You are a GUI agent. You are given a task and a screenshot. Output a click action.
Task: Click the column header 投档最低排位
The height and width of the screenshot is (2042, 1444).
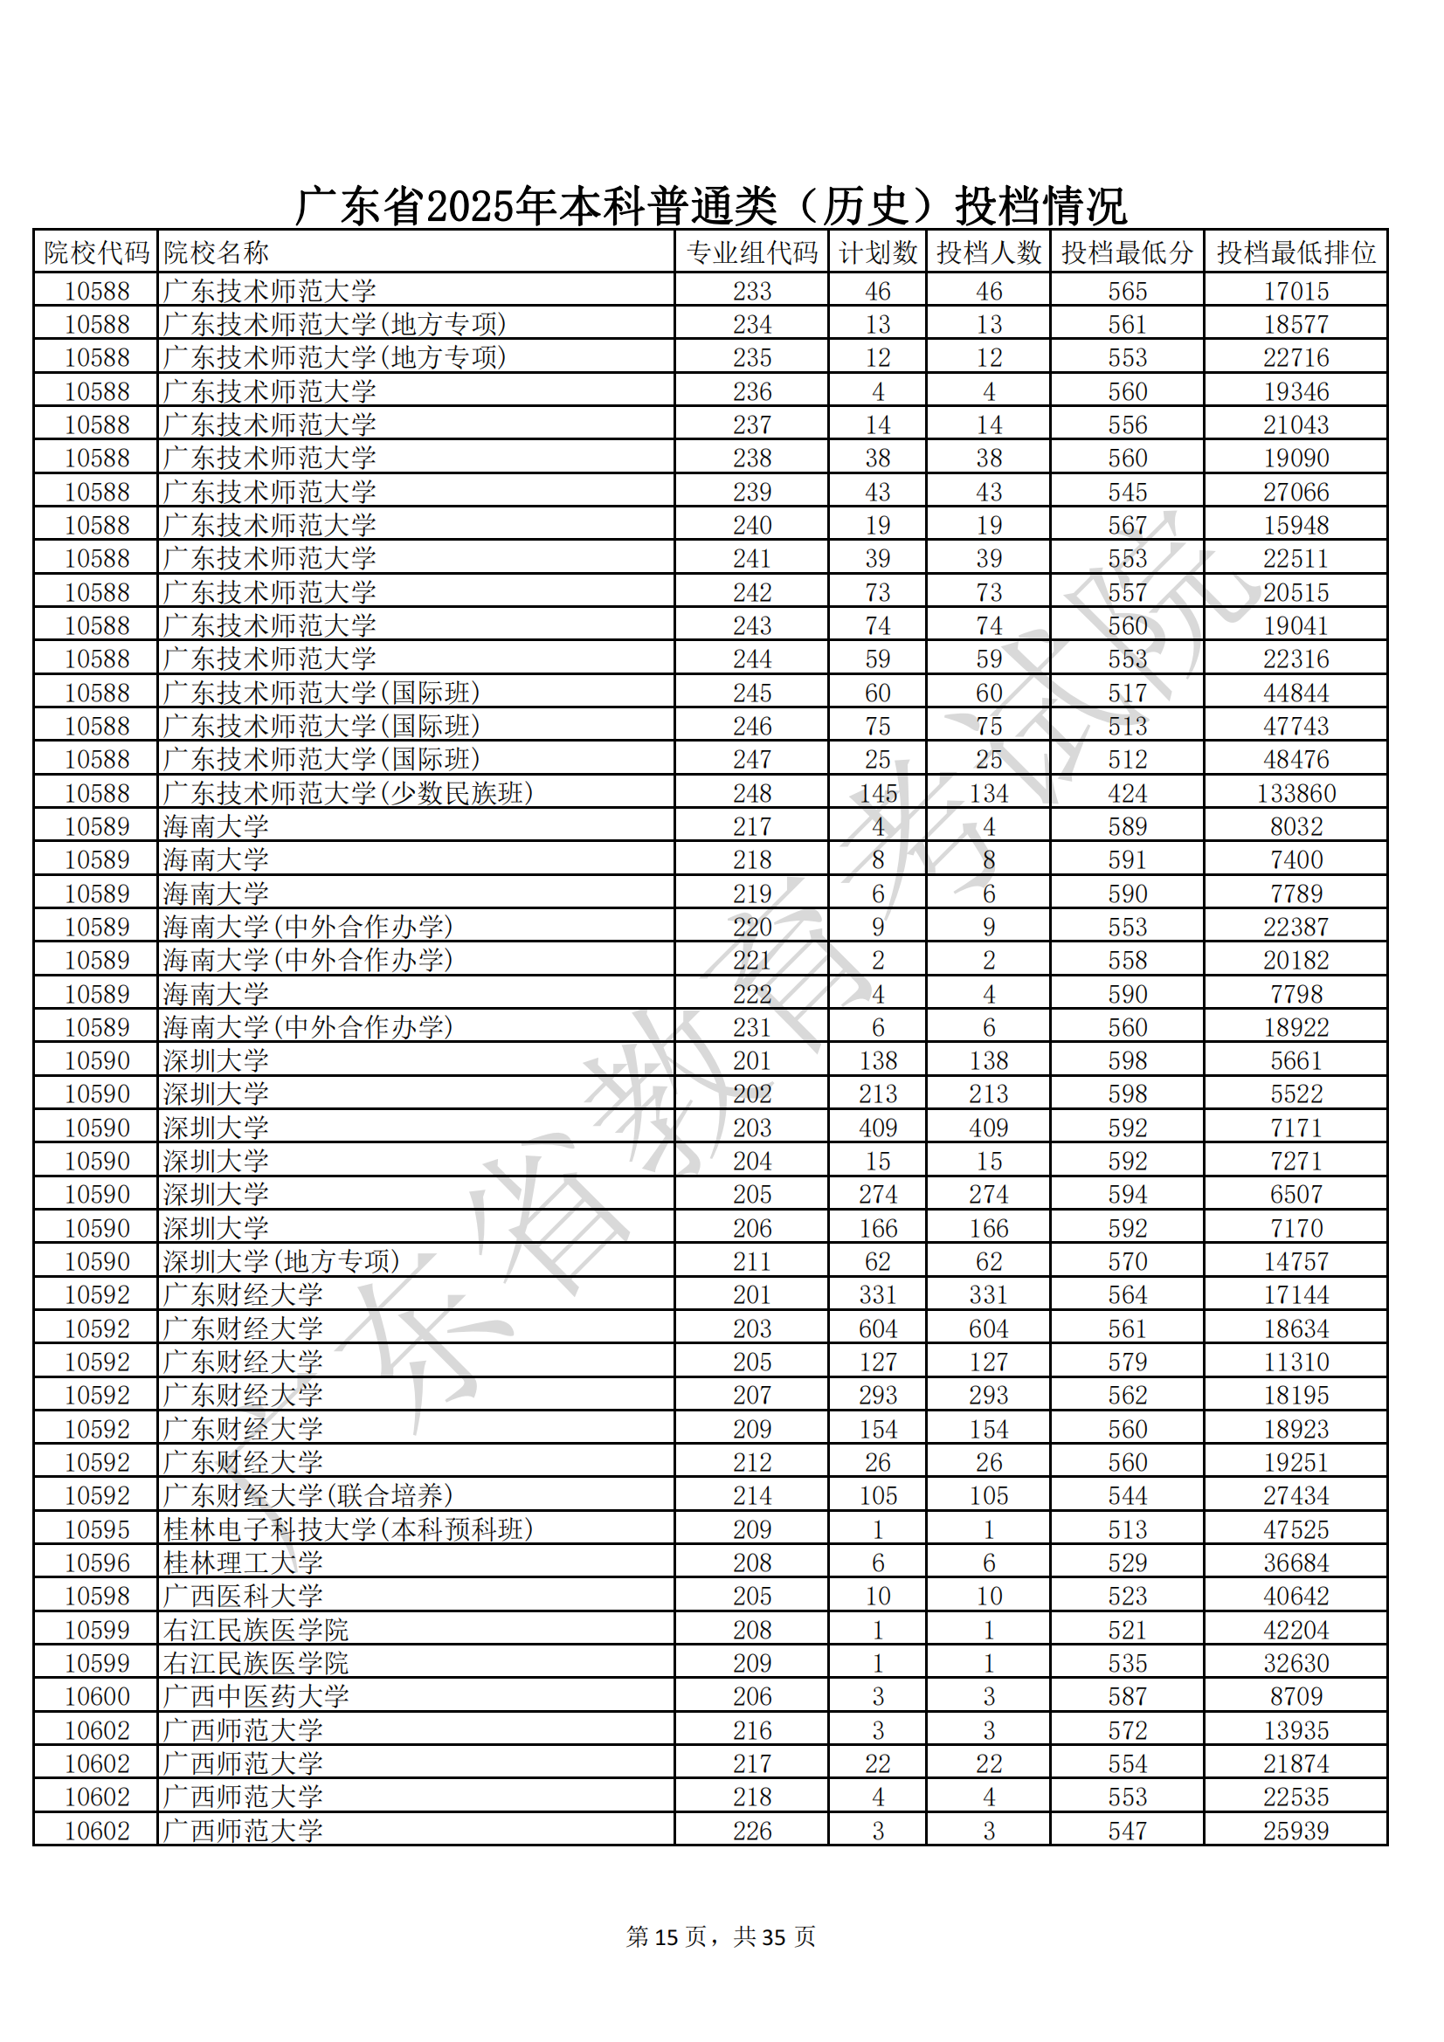(1295, 252)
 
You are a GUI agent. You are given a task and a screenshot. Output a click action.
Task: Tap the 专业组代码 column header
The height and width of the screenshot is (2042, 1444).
(752, 252)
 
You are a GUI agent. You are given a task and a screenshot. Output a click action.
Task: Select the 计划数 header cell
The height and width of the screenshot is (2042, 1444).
(877, 252)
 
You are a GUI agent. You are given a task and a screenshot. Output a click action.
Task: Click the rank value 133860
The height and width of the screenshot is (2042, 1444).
(1295, 792)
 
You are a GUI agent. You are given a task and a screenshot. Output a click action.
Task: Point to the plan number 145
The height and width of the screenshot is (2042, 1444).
(877, 792)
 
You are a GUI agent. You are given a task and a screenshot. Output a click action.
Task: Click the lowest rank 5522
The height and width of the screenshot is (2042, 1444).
(1295, 1093)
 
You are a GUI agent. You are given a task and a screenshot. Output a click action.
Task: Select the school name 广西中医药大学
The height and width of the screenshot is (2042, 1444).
(256, 1696)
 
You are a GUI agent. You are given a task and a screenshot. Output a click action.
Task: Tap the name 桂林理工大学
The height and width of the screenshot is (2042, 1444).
(243, 1563)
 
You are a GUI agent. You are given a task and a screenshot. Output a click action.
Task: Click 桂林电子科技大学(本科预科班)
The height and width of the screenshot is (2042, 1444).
(348, 1528)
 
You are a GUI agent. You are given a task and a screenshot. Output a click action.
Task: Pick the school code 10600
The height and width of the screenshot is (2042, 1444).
(97, 1696)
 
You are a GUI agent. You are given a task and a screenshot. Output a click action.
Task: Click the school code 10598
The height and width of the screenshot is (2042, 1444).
(97, 1596)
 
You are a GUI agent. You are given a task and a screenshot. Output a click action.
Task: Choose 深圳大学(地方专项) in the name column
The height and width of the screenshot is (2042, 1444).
(281, 1261)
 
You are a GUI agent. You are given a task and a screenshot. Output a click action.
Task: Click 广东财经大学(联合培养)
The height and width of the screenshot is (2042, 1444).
(307, 1495)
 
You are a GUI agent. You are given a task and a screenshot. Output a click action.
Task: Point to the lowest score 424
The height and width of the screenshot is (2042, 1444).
(1126, 792)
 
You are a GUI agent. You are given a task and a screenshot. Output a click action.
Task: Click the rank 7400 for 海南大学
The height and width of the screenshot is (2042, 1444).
(1295, 859)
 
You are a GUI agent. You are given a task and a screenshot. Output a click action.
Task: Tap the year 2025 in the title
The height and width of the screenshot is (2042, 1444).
(472, 206)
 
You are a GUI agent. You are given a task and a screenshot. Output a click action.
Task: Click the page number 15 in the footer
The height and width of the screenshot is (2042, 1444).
(667, 1936)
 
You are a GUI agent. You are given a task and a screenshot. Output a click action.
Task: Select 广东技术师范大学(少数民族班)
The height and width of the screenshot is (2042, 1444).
(348, 792)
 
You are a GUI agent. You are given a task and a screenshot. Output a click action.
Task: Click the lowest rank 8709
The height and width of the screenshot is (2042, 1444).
(1295, 1696)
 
